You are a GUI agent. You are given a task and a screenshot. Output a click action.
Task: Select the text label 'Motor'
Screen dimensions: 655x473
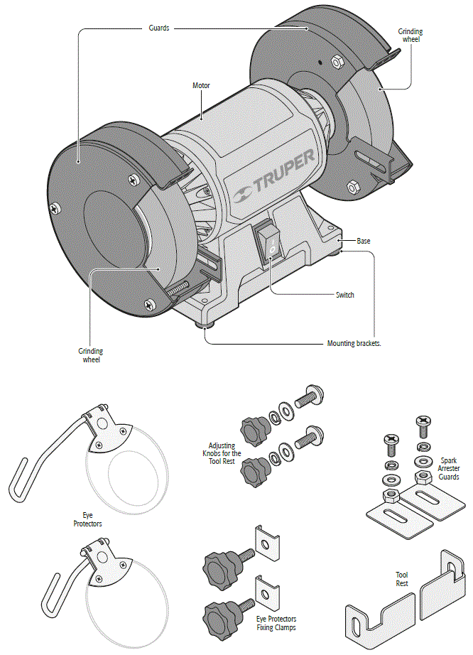[202, 85]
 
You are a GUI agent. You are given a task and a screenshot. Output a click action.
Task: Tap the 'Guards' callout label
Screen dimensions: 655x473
[158, 28]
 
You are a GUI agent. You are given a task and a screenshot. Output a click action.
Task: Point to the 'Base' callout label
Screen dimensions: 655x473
[363, 241]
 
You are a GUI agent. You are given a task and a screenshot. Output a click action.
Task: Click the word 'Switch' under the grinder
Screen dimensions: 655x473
[344, 294]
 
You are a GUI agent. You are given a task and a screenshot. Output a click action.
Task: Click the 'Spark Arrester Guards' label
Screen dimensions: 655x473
[450, 467]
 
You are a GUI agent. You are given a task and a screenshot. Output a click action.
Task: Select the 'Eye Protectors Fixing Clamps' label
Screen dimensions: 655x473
[276, 623]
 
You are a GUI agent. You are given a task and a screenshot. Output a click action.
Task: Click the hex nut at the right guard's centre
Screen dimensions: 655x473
[339, 62]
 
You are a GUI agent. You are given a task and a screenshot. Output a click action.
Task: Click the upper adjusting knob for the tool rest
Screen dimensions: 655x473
[252, 428]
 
